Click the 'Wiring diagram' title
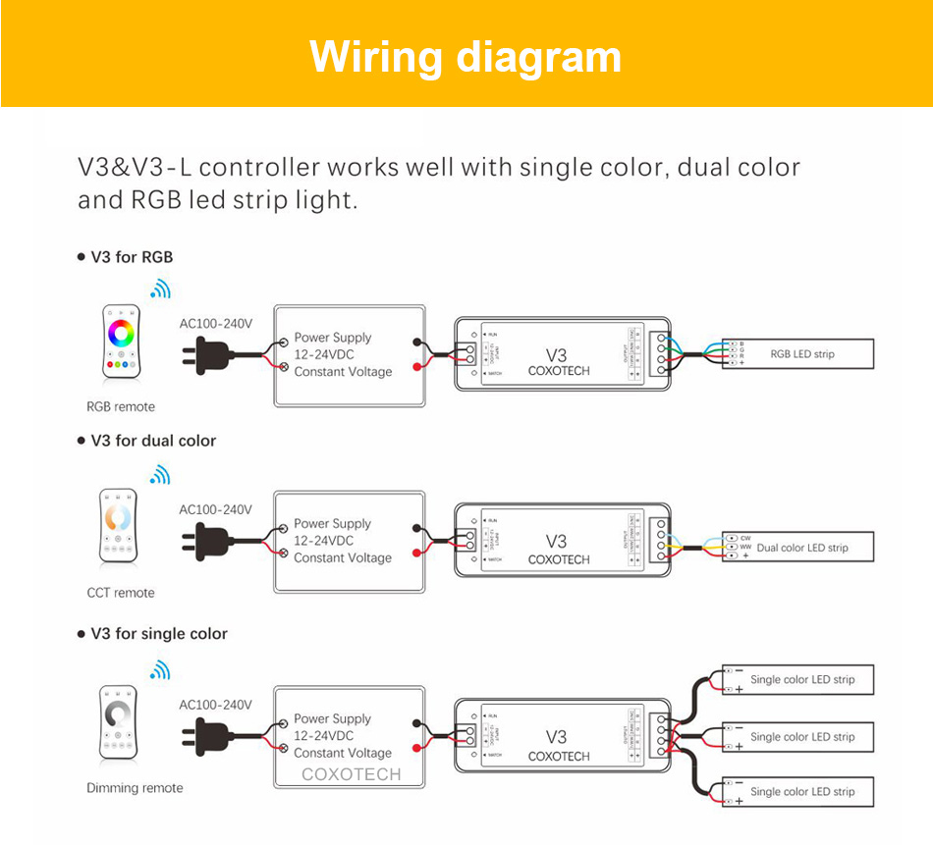pos(466,57)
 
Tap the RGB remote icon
pos(121,343)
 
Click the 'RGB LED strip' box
pos(797,353)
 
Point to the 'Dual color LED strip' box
pos(797,548)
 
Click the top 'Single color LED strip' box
pos(797,679)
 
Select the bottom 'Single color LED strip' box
pos(797,792)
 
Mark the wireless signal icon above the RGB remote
pos(159,289)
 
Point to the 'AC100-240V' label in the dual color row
pos(215,509)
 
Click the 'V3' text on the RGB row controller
pos(557,353)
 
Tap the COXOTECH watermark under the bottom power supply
pos(351,774)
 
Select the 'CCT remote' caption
pos(121,593)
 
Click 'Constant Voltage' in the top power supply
pos(343,372)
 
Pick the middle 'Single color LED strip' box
pos(797,736)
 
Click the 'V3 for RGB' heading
pos(132,257)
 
